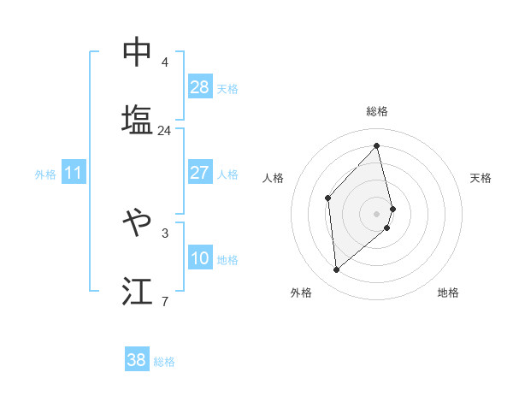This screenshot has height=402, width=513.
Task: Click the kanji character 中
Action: coord(137,52)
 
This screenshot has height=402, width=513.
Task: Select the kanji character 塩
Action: coord(137,120)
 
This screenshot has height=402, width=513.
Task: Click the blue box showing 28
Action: coord(200,86)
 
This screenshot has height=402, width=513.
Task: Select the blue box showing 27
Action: coord(200,173)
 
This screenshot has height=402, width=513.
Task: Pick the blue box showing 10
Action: coord(200,258)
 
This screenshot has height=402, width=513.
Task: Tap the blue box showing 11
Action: coord(74,173)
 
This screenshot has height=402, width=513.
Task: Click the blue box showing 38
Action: coord(137,360)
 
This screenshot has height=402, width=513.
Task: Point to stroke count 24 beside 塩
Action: coord(164,131)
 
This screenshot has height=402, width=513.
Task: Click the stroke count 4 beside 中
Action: coord(164,62)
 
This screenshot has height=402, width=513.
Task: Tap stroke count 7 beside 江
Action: coord(164,301)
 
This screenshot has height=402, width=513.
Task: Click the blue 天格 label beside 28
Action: coord(227,88)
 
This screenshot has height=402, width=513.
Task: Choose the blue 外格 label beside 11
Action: coord(45,174)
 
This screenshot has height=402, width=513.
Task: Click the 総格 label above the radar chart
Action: coord(377,111)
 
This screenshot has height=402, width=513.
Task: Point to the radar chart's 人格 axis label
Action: coord(273,178)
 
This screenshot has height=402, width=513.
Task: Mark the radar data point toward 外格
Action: coord(337,270)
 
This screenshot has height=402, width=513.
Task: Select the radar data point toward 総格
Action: coord(377,146)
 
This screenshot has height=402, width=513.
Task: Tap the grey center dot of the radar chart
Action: coord(377,213)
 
